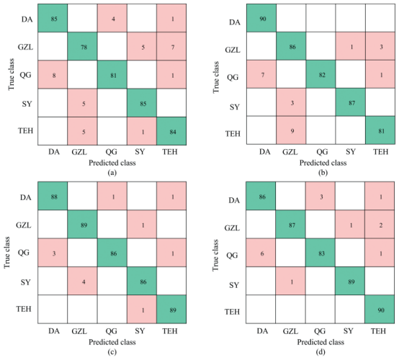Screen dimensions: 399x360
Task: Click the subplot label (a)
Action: pos(112,173)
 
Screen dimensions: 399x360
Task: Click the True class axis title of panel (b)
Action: pos(216,77)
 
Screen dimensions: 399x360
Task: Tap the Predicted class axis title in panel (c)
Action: pos(112,342)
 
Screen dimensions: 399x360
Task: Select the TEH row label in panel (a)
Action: pos(25,130)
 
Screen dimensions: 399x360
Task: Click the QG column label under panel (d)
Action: pos(320,331)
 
